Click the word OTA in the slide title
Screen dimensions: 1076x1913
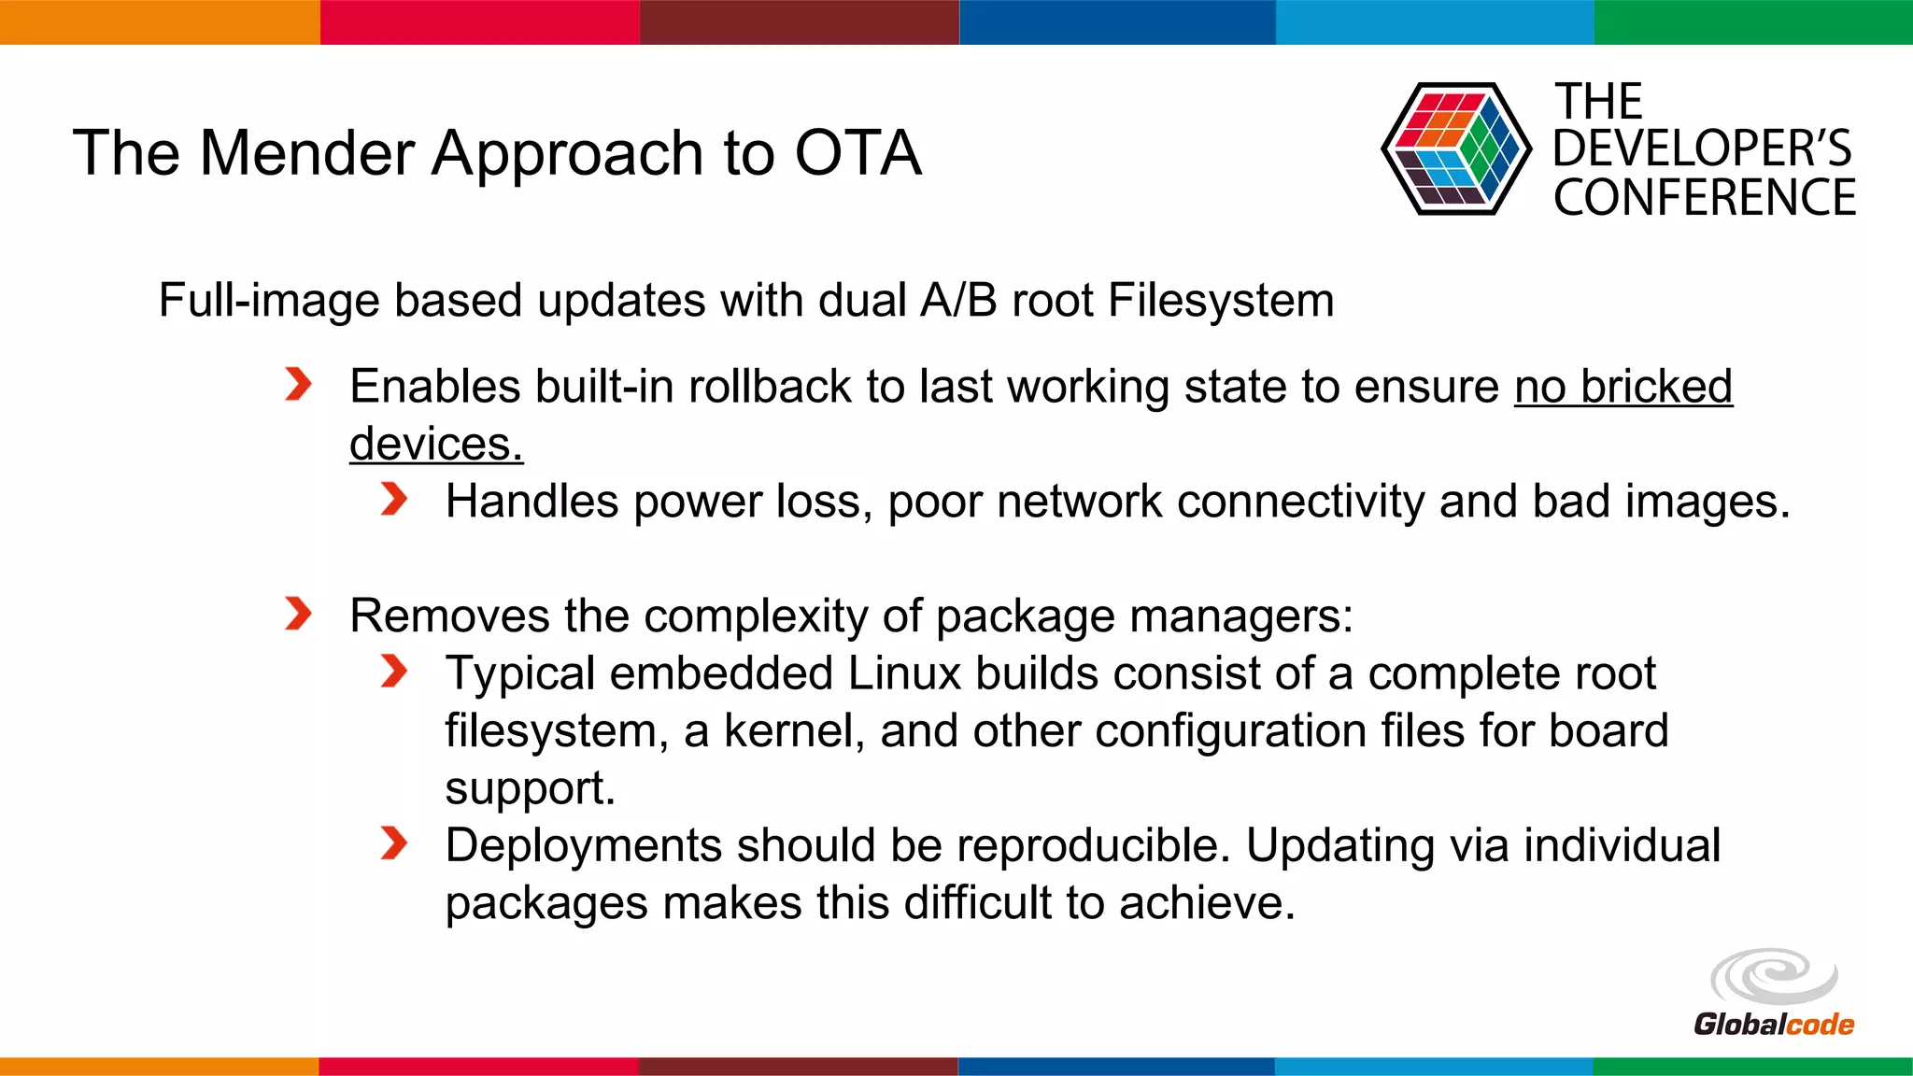tap(857, 153)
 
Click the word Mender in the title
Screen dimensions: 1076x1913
tap(307, 153)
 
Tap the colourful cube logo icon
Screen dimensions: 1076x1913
tap(1455, 149)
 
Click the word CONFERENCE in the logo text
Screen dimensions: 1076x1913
tap(1704, 198)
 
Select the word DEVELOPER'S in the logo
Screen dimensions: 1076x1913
tap(1702, 149)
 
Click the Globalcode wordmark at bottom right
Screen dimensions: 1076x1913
tap(1773, 1025)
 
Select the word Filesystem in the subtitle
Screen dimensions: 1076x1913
tap(1220, 301)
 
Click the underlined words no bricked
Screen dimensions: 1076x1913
tap(1623, 387)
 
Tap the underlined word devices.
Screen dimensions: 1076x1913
tap(435, 444)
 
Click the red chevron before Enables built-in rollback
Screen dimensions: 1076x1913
tap(298, 384)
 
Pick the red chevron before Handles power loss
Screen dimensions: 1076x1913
tap(394, 499)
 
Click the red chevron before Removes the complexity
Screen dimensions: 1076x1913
tap(298, 614)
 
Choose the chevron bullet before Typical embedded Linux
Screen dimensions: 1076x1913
tap(394, 671)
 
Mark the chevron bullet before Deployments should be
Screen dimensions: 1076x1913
tap(394, 843)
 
